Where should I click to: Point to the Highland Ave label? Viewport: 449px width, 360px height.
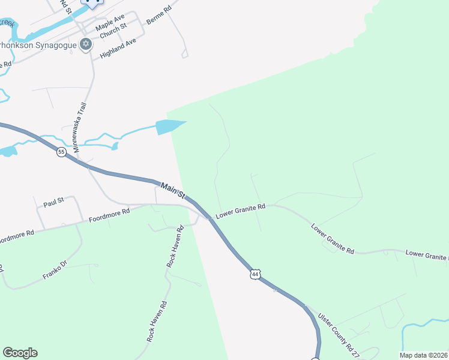coord(118,46)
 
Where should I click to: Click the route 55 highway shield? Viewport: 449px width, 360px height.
coord(61,152)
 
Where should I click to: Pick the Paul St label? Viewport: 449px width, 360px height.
coord(53,202)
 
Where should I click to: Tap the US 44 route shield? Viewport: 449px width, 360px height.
coord(256,274)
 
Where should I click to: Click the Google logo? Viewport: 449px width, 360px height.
coord(20,353)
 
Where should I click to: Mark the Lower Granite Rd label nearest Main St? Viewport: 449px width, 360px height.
coord(241,210)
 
